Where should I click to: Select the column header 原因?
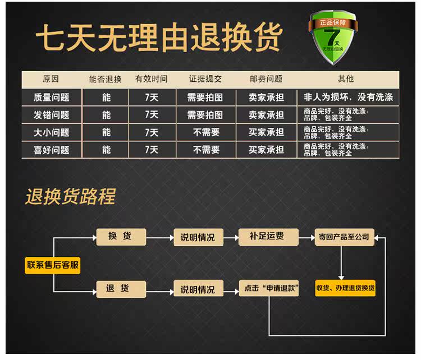(51, 79)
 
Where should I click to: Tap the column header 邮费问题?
(266, 79)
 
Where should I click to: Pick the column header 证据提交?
(205, 79)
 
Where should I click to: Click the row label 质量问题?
(52, 97)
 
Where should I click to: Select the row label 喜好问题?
(52, 150)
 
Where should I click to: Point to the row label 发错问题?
(52, 114)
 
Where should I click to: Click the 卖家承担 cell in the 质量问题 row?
(266, 97)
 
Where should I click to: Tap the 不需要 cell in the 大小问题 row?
(205, 132)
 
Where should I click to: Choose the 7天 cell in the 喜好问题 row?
(152, 150)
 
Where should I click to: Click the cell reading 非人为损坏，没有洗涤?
(348, 97)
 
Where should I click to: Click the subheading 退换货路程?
(70, 197)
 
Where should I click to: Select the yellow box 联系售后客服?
(53, 265)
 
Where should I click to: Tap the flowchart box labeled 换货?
(120, 237)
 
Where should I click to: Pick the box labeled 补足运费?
(267, 237)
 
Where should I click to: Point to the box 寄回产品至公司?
(344, 237)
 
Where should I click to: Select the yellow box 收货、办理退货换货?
(345, 288)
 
